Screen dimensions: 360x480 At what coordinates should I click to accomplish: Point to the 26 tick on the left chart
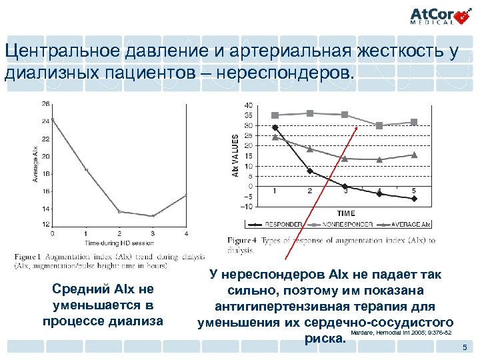click(45, 103)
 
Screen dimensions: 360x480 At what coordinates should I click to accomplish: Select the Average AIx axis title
click(35, 164)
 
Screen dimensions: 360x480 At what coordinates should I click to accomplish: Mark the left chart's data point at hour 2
click(119, 211)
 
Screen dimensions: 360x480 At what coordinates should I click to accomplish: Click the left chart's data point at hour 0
click(53, 119)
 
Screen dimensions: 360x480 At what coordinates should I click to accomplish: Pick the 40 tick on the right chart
click(249, 105)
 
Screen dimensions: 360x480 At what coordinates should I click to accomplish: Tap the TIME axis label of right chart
click(345, 213)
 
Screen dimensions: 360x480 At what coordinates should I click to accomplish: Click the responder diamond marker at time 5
click(413, 199)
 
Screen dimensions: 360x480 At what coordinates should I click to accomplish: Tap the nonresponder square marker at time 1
click(275, 115)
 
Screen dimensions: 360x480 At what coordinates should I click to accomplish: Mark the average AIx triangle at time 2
click(310, 149)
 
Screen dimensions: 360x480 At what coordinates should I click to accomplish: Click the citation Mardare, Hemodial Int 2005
click(403, 331)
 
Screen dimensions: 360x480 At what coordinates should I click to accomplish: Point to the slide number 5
click(465, 349)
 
